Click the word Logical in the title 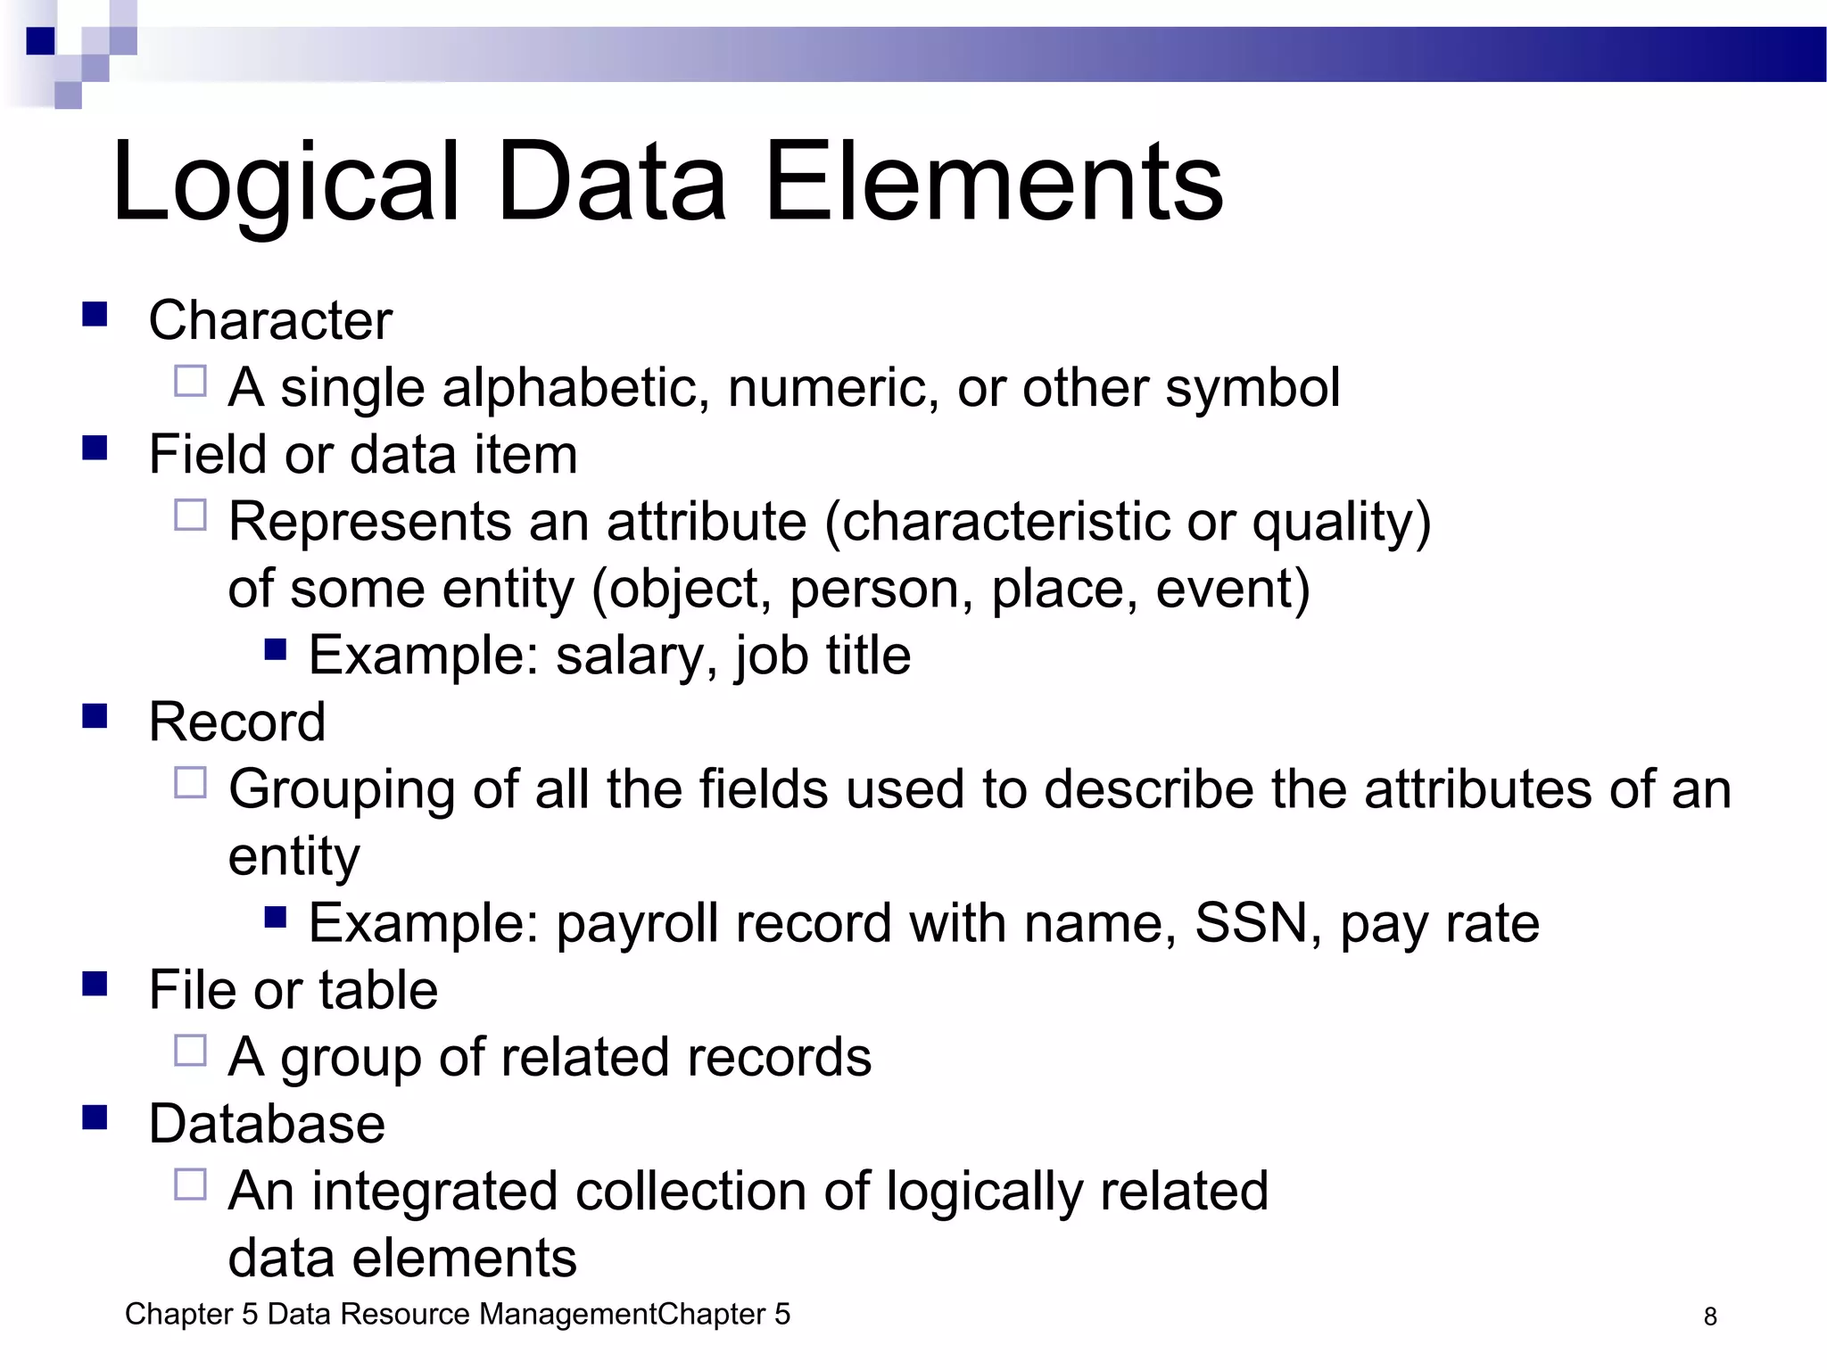[285, 183]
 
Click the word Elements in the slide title [994, 183]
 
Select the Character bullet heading [269, 320]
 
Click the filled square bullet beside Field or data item [95, 448]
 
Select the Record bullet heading [236, 722]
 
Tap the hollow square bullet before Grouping [190, 783]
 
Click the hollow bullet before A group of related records [190, 1051]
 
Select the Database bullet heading [267, 1124]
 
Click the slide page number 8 [1710, 1316]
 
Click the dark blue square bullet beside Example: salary [276, 648]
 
